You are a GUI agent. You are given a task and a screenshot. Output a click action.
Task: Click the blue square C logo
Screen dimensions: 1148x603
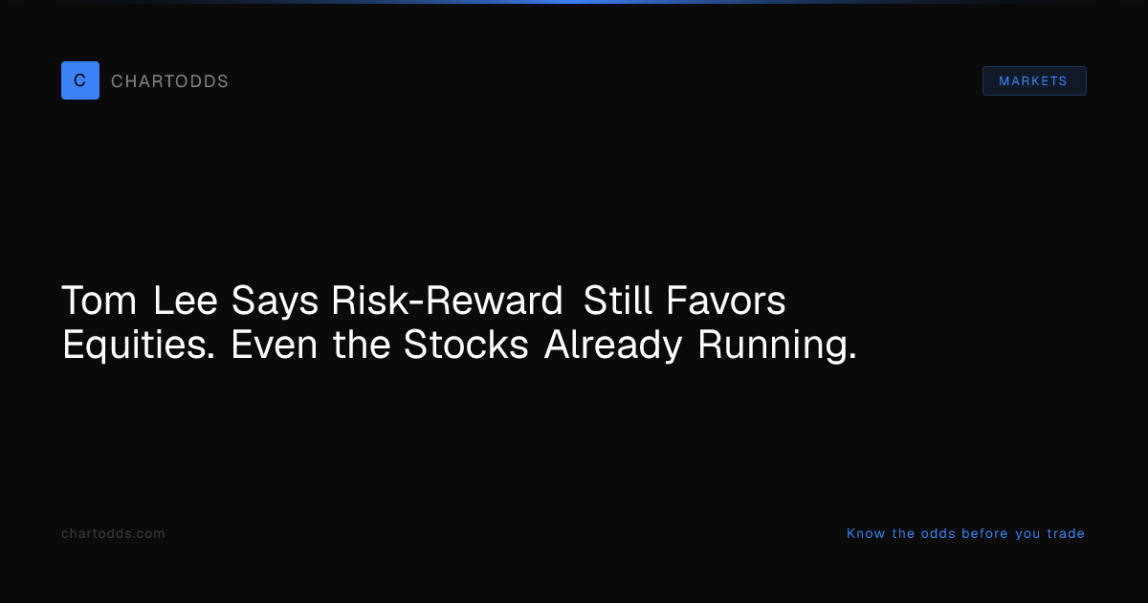pyautogui.click(x=80, y=80)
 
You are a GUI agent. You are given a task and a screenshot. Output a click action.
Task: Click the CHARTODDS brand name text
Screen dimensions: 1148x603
pyautogui.click(x=169, y=81)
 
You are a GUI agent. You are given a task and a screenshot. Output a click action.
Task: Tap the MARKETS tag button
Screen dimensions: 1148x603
pyautogui.click(x=1034, y=81)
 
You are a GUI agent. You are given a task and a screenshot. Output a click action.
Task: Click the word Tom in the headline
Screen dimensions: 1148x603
pyautogui.click(x=99, y=301)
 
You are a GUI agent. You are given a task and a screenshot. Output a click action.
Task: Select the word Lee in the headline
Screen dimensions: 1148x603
pyautogui.click(x=186, y=301)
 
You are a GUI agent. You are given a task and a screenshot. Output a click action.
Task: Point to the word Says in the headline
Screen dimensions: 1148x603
pyautogui.click(x=275, y=302)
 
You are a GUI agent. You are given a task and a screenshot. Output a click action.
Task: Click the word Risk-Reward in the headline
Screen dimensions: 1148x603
pyautogui.click(x=447, y=301)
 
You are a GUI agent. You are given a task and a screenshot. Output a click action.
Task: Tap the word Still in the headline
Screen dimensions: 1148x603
pyautogui.click(x=618, y=301)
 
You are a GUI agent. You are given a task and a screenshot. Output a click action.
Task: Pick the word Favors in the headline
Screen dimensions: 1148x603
pyautogui.click(x=726, y=301)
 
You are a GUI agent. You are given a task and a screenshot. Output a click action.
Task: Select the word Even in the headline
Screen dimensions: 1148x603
pyautogui.click(x=275, y=345)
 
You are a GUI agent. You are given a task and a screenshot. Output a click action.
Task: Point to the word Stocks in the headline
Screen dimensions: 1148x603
pyautogui.click(x=466, y=344)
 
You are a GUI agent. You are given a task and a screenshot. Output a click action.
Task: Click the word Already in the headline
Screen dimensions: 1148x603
pyautogui.click(x=613, y=346)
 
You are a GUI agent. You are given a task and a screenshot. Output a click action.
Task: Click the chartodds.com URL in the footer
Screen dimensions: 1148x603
pyautogui.click(x=113, y=534)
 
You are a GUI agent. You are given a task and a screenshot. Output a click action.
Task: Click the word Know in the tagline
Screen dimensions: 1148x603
pyautogui.click(x=866, y=534)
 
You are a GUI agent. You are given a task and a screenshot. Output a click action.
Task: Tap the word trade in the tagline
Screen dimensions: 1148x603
pyautogui.click(x=1066, y=534)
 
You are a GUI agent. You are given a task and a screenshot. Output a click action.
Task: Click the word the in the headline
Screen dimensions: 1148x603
pyautogui.click(x=362, y=344)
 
